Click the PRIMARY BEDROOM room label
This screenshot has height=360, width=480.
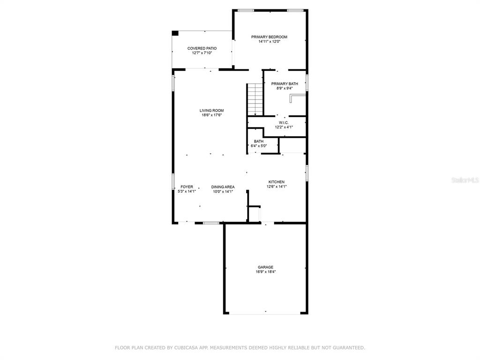pyautogui.click(x=269, y=37)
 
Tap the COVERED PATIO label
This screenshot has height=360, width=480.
pyautogui.click(x=202, y=48)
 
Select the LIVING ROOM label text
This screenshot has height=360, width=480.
pyautogui.click(x=211, y=111)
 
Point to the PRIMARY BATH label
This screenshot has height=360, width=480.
pyautogui.click(x=285, y=83)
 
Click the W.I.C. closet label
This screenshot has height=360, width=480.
pyautogui.click(x=284, y=123)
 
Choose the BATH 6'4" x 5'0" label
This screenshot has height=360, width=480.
pyautogui.click(x=259, y=143)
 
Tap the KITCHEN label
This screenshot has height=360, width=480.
pyautogui.click(x=277, y=182)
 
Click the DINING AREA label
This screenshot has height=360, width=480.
pyautogui.click(x=223, y=187)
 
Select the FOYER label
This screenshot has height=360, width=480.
pyautogui.click(x=187, y=187)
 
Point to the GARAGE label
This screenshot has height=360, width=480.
pyautogui.click(x=265, y=267)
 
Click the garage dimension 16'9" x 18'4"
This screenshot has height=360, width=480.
pyautogui.click(x=266, y=272)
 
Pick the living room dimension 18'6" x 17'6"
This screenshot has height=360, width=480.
pyautogui.click(x=211, y=115)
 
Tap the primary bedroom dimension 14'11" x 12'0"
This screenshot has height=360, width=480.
pyautogui.click(x=269, y=42)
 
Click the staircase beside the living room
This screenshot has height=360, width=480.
pyautogui.click(x=255, y=99)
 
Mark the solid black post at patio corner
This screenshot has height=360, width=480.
pyautogui.click(x=175, y=33)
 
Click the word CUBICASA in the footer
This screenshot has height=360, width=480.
pyautogui.click(x=185, y=348)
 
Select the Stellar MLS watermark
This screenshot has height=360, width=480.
pyautogui.click(x=465, y=180)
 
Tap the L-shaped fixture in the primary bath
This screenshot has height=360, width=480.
pyautogui.click(x=297, y=98)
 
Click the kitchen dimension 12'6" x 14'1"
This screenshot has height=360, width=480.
pyautogui.click(x=277, y=187)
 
